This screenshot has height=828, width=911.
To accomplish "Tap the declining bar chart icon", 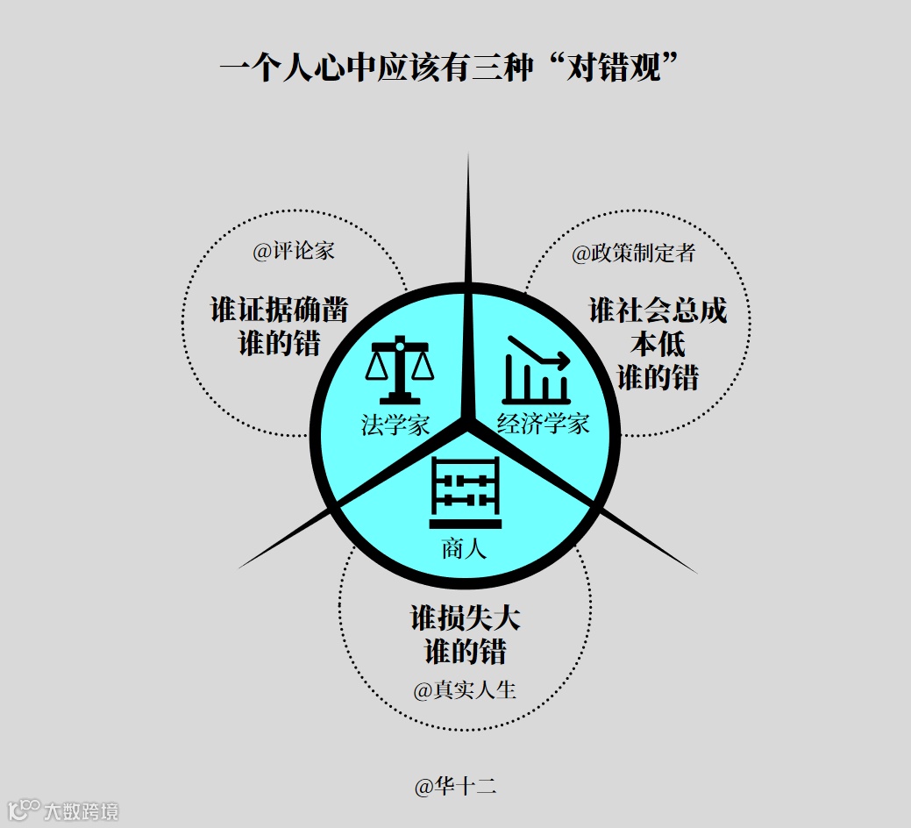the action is pyautogui.click(x=537, y=370).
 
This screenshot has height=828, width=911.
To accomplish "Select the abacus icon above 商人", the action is pyautogui.click(x=466, y=493).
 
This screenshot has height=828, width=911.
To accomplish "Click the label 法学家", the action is pyautogui.click(x=395, y=425).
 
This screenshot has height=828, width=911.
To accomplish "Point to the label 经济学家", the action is pyautogui.click(x=543, y=425).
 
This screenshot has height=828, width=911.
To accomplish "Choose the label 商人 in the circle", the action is pyautogui.click(x=464, y=551).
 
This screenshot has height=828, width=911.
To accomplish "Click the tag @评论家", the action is pyautogui.click(x=294, y=251).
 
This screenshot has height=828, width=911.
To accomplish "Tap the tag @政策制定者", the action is pyautogui.click(x=633, y=253).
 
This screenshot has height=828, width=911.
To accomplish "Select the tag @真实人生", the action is pyautogui.click(x=465, y=689).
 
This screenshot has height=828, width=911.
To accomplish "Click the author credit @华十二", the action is pyautogui.click(x=455, y=786).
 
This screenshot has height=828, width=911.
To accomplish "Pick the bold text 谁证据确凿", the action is pyautogui.click(x=279, y=310).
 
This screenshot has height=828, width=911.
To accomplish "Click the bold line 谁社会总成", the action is pyautogui.click(x=658, y=310).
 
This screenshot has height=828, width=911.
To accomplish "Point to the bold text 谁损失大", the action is pyautogui.click(x=465, y=617).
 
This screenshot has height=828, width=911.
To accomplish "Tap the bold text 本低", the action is pyautogui.click(x=658, y=344).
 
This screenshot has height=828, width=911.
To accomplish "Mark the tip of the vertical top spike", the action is pyautogui.click(x=467, y=155).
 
